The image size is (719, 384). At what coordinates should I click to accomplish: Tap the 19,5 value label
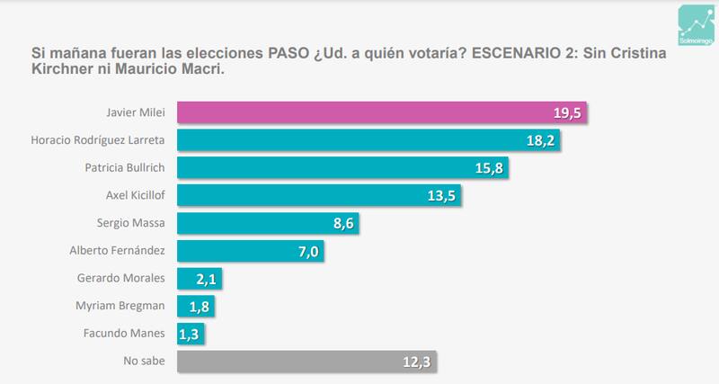coord(568,113)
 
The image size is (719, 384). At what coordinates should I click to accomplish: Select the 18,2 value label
coord(542,141)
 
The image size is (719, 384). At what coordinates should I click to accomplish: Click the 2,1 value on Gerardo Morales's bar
coord(205,280)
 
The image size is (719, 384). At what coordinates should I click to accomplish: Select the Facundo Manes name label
coord(133,335)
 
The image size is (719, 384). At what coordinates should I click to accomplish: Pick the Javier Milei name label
coord(141,112)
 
